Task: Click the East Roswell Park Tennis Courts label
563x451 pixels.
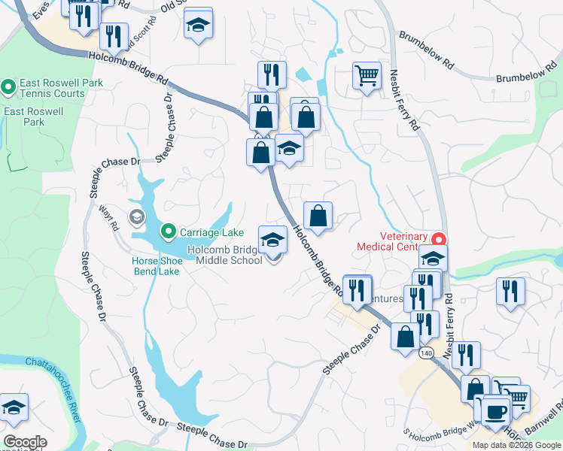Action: (52, 88)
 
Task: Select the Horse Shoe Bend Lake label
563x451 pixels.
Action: (156, 265)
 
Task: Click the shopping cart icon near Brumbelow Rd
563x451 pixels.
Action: (367, 75)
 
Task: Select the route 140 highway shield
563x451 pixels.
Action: (427, 353)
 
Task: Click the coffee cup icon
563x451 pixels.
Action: (496, 411)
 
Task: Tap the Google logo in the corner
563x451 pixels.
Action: (25, 442)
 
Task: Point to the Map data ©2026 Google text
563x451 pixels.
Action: (516, 445)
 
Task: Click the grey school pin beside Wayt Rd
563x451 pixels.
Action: (136, 218)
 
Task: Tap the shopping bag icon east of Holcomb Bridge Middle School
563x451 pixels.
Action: (318, 216)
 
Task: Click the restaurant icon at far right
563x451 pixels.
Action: (511, 291)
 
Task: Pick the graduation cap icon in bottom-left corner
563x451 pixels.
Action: (13, 408)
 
